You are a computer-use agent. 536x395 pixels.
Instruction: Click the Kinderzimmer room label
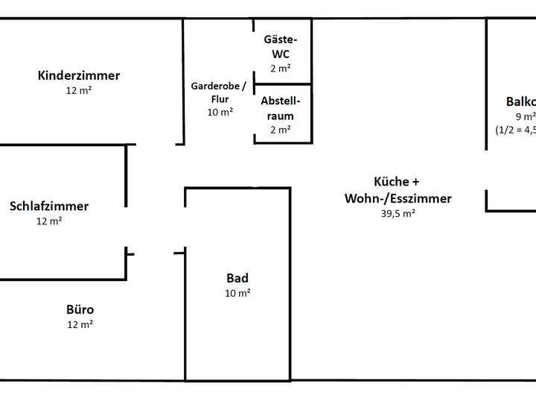(78, 75)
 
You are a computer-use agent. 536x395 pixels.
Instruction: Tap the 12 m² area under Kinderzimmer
(78, 90)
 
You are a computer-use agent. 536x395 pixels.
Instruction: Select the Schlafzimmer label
(49, 206)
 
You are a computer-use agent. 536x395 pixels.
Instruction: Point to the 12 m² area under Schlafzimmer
(49, 221)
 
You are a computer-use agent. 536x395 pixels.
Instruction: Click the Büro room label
(80, 309)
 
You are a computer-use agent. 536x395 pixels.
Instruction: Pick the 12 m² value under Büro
(80, 324)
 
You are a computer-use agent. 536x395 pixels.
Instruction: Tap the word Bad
(237, 278)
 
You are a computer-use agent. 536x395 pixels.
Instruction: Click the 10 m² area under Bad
(237, 293)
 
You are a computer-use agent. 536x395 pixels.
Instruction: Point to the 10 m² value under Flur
(220, 112)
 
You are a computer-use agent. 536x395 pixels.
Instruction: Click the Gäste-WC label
(281, 46)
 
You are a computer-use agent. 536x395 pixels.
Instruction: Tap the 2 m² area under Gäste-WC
(281, 68)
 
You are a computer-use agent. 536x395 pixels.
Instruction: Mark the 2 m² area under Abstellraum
(281, 129)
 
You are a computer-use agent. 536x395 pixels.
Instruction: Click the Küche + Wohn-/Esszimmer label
(398, 190)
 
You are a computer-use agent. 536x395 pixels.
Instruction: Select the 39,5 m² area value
(398, 213)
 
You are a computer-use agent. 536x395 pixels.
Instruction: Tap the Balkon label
(520, 102)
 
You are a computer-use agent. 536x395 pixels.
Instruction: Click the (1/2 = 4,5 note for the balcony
(515, 129)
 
